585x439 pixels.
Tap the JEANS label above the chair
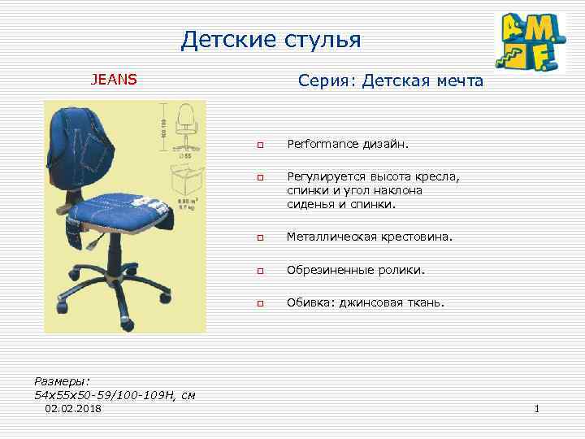coord(114,80)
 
